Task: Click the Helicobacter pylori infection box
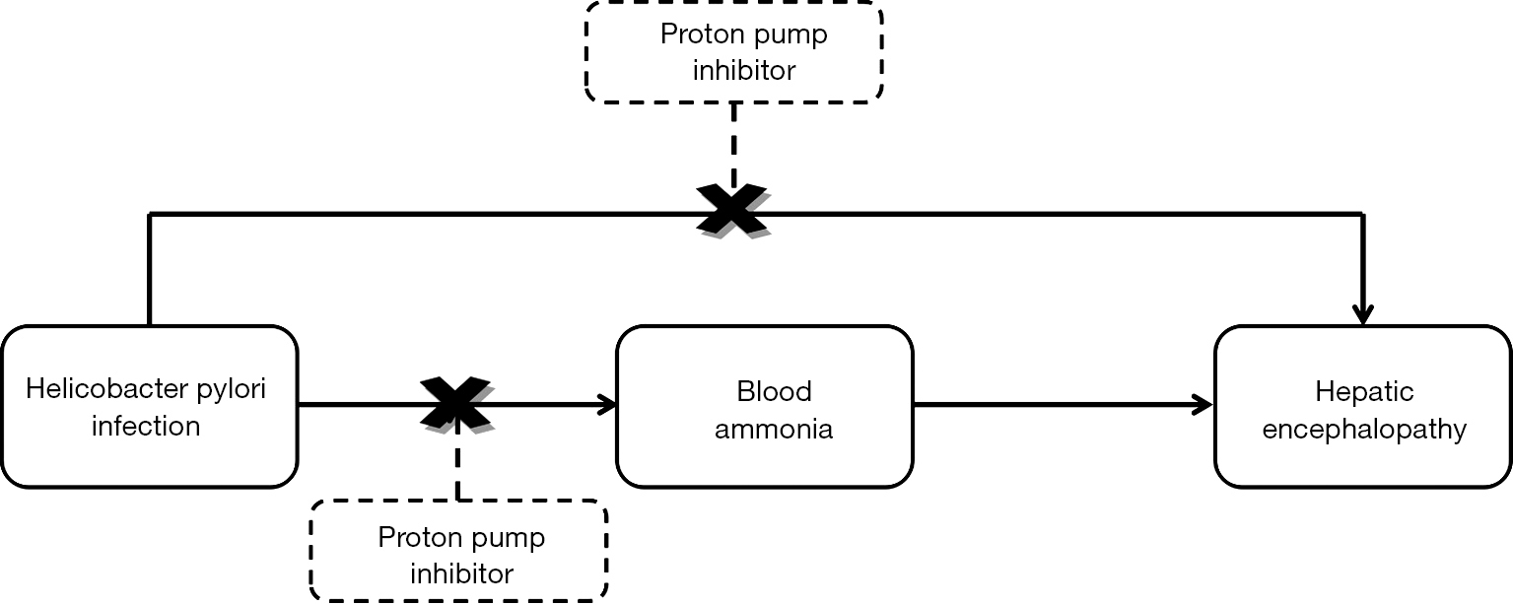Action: (149, 406)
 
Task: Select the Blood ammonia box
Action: (764, 406)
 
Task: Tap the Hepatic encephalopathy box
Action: (1362, 406)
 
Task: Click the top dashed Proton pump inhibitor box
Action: (733, 51)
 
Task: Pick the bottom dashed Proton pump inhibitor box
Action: (458, 551)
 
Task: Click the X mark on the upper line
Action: (731, 210)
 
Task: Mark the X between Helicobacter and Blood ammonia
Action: (456, 403)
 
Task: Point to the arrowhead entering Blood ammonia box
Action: (607, 404)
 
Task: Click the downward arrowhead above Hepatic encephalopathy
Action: (1362, 314)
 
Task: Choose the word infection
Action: (146, 426)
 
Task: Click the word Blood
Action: (774, 391)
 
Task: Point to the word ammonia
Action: (774, 429)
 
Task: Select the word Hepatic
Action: (1364, 392)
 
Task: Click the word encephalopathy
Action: (1364, 430)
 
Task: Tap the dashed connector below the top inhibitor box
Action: (733, 142)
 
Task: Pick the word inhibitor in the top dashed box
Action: (743, 71)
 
